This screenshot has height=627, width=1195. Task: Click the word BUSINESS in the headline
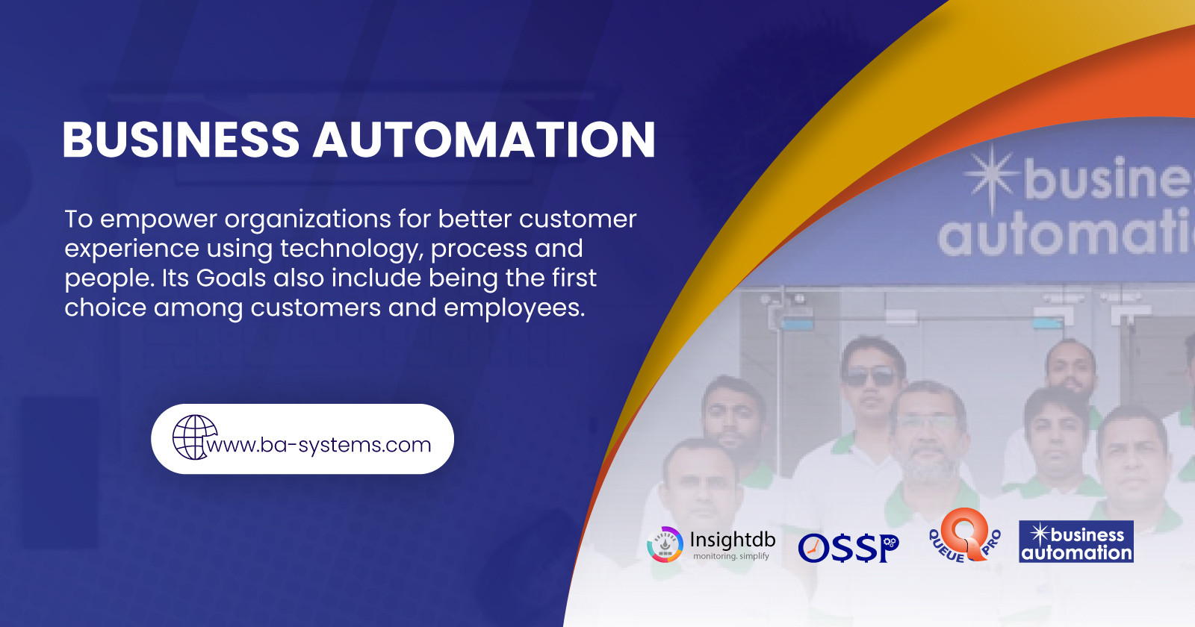pos(181,140)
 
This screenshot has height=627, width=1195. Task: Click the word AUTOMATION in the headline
pos(484,140)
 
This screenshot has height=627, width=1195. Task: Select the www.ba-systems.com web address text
pos(320,445)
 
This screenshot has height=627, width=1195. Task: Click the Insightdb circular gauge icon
pos(665,544)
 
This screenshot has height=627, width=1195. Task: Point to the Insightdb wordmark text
pos(732,540)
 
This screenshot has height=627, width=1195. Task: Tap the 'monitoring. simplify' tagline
pos(730,556)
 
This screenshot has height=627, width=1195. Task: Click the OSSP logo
pos(848,548)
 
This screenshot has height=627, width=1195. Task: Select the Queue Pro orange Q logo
pos(965,534)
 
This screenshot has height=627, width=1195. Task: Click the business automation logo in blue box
pos(1075,542)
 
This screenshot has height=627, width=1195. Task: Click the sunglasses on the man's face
pos(871,377)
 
